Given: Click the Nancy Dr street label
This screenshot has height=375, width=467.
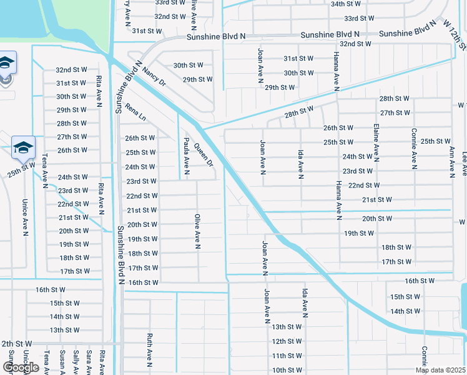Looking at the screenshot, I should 154,77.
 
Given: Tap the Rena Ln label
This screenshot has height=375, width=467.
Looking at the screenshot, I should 135,112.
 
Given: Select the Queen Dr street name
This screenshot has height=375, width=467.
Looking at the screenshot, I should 204,155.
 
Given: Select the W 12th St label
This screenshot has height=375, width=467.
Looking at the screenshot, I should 455,35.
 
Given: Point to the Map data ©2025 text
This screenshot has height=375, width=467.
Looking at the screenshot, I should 440,370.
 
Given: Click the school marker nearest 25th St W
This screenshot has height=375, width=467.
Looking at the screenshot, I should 23,148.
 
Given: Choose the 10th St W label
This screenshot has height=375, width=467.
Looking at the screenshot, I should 287,370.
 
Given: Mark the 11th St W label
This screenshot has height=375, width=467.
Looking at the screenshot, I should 287,356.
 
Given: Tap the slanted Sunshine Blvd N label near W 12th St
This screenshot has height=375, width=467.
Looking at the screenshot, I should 406,31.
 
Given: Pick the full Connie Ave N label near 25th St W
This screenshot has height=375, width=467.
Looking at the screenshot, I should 414,149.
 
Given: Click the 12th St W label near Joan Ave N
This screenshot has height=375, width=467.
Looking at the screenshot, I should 287,341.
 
